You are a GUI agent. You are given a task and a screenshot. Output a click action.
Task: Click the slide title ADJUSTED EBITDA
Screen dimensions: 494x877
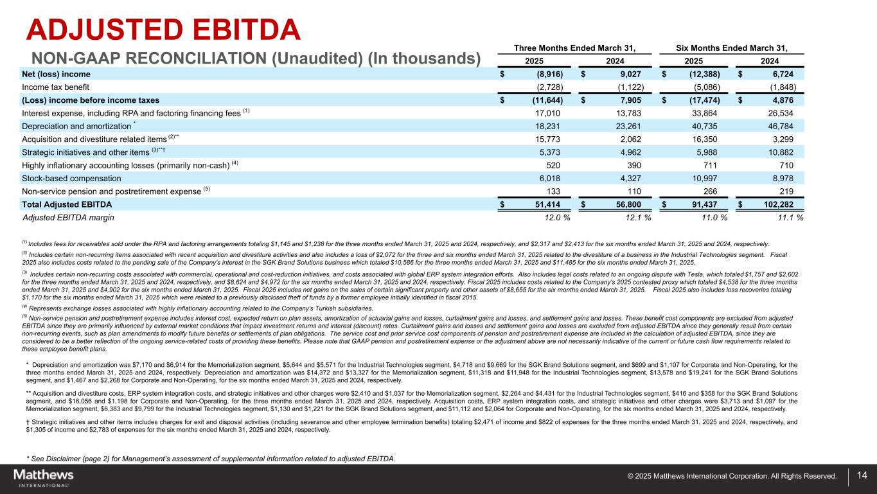pyautogui.click(x=163, y=30)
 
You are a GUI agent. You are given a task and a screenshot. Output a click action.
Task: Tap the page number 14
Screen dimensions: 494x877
pyautogui.click(x=862, y=475)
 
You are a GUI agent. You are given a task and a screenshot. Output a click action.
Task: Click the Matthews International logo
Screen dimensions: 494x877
pyautogui.click(x=44, y=477)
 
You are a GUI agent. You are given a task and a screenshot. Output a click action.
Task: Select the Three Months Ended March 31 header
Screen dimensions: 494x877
pyautogui.click(x=575, y=48)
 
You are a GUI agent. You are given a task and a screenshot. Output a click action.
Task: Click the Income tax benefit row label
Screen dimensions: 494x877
pyautogui.click(x=56, y=87)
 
